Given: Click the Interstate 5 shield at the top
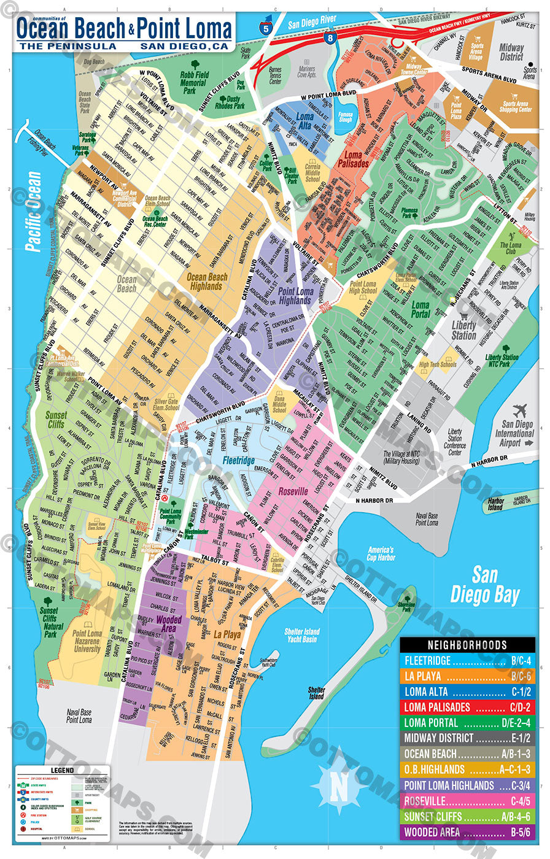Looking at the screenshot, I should [x=265, y=25].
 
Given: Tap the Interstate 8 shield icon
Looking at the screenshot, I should [x=330, y=38].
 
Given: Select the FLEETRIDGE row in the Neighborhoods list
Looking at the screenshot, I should [x=467, y=661].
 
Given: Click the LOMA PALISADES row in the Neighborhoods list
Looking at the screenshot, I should [x=467, y=707].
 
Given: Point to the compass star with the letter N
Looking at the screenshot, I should [x=339, y=785].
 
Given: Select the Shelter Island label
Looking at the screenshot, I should [x=317, y=693].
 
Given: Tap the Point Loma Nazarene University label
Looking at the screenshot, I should [x=87, y=641].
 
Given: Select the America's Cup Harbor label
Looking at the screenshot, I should [x=380, y=554].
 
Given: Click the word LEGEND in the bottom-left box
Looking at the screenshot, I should [x=61, y=770].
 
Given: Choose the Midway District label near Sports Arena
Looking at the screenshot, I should [x=511, y=52].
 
